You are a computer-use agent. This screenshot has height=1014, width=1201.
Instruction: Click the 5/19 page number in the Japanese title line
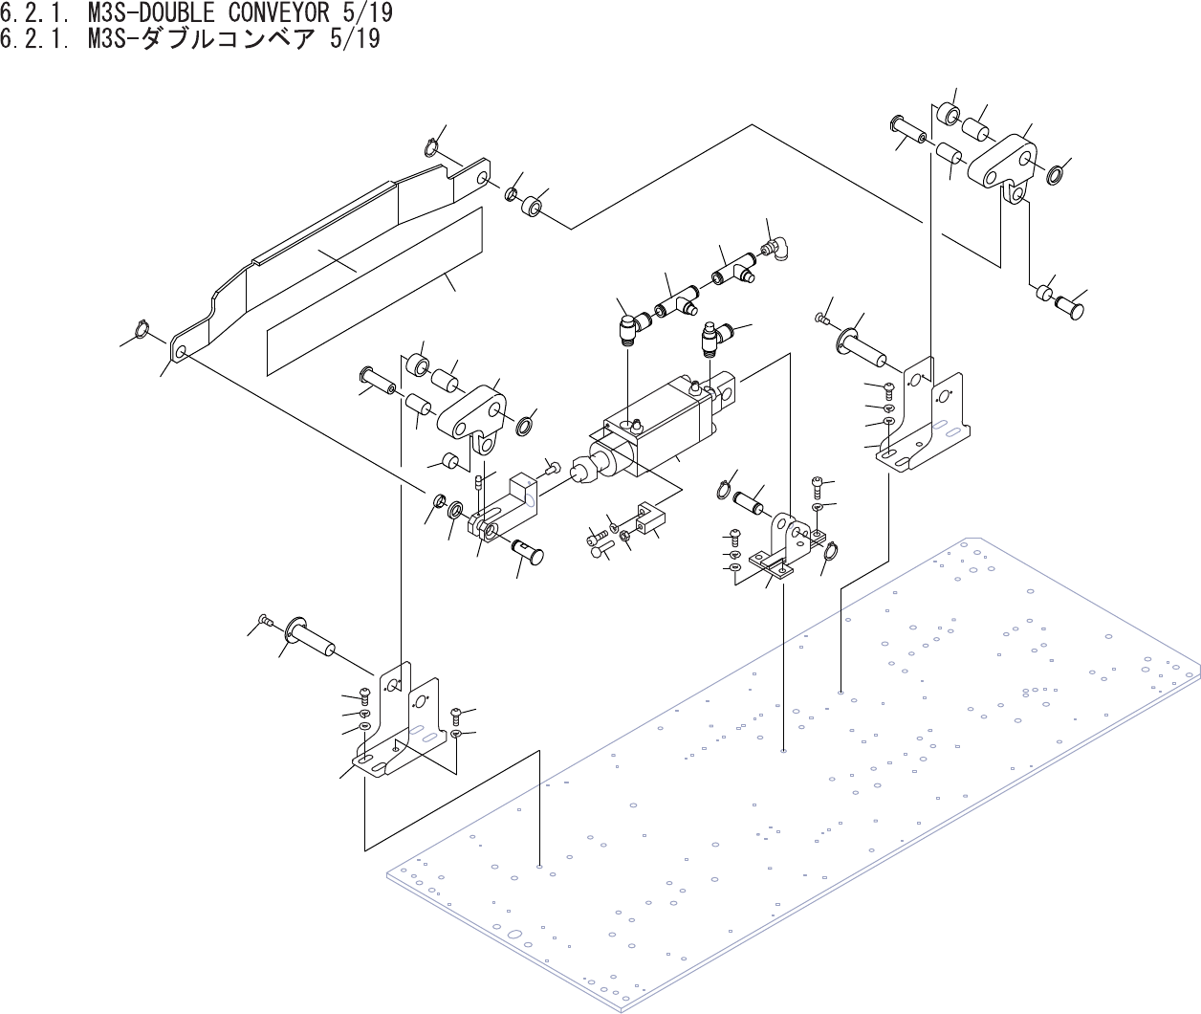pos(355,39)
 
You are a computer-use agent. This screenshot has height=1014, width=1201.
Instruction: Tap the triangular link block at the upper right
pos(1002,165)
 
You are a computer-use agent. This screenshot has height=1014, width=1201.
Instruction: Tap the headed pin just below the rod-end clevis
pos(529,551)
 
